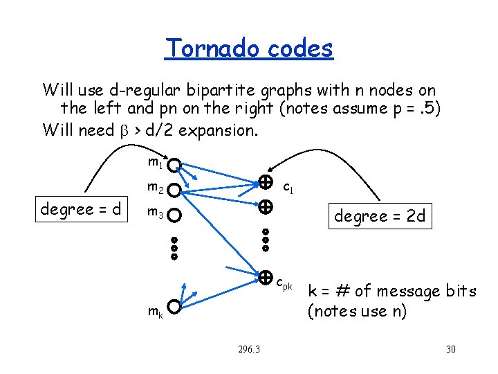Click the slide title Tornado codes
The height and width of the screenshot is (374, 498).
249,48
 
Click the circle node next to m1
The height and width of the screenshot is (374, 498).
176,166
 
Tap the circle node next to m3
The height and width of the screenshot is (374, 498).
176,215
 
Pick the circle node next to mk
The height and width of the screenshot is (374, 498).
176,306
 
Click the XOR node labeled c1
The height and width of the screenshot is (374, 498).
265,183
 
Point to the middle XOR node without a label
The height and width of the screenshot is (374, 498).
265,206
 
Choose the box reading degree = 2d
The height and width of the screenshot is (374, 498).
379,216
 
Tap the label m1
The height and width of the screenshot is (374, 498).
155,163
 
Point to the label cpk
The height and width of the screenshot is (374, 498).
284,283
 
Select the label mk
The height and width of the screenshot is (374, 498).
155,312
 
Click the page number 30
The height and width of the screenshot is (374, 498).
451,348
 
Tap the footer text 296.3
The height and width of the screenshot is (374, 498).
248,348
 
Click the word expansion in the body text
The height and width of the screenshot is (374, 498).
221,130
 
